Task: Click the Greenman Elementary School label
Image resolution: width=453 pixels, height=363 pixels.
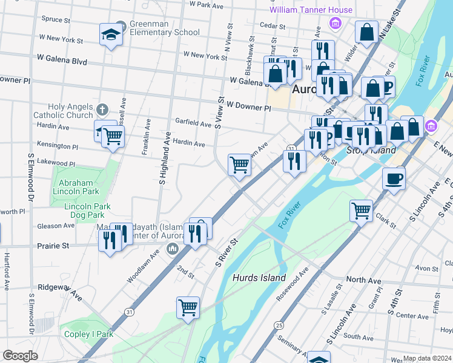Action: (x=164, y=28)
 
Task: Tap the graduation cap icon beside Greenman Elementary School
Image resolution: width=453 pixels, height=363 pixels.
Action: (x=111, y=34)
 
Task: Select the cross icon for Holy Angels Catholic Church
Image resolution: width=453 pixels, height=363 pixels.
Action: (x=102, y=111)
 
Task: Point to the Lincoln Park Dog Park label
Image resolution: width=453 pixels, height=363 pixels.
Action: (x=87, y=210)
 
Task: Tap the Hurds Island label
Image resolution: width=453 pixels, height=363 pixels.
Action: (x=259, y=278)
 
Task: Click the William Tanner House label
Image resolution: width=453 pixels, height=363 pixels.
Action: (x=311, y=10)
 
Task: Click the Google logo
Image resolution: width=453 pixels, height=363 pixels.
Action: (x=21, y=356)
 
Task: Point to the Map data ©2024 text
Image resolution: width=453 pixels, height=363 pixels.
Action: (x=427, y=358)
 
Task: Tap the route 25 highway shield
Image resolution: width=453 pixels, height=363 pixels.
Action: (x=279, y=325)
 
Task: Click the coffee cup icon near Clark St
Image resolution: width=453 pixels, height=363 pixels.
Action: (x=394, y=178)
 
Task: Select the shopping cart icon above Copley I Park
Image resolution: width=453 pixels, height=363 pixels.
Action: (x=188, y=307)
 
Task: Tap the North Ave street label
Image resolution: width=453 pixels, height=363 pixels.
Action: (x=363, y=281)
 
